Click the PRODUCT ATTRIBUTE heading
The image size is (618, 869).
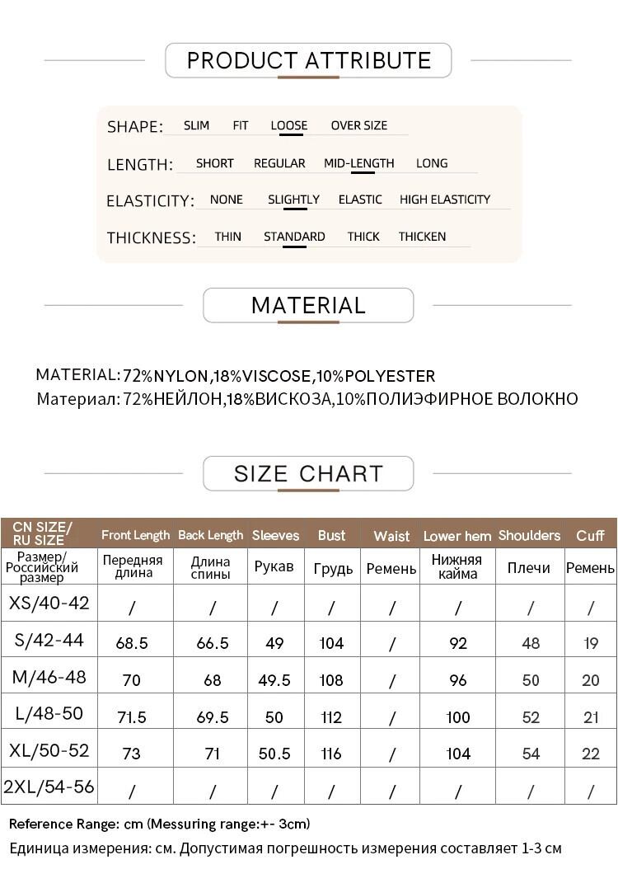(308, 60)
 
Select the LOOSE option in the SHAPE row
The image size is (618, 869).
(288, 126)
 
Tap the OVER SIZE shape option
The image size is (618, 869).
(358, 126)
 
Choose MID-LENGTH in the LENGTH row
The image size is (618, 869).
(358, 163)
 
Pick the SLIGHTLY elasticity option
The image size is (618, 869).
(293, 200)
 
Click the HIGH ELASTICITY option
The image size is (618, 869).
(444, 200)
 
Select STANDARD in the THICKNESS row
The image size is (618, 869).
(294, 237)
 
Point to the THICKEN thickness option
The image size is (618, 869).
(422, 237)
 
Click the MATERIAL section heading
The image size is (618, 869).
(308, 305)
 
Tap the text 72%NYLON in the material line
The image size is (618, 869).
(166, 377)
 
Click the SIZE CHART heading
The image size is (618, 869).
(308, 474)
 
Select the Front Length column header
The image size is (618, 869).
(135, 535)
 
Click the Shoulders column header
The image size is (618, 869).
(529, 535)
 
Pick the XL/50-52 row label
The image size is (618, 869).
(49, 751)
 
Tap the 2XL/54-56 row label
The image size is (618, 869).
(49, 787)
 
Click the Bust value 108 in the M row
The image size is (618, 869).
(331, 680)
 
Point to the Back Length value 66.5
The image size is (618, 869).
(213, 643)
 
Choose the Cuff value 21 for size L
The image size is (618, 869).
(591, 717)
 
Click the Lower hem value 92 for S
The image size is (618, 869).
(458, 643)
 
